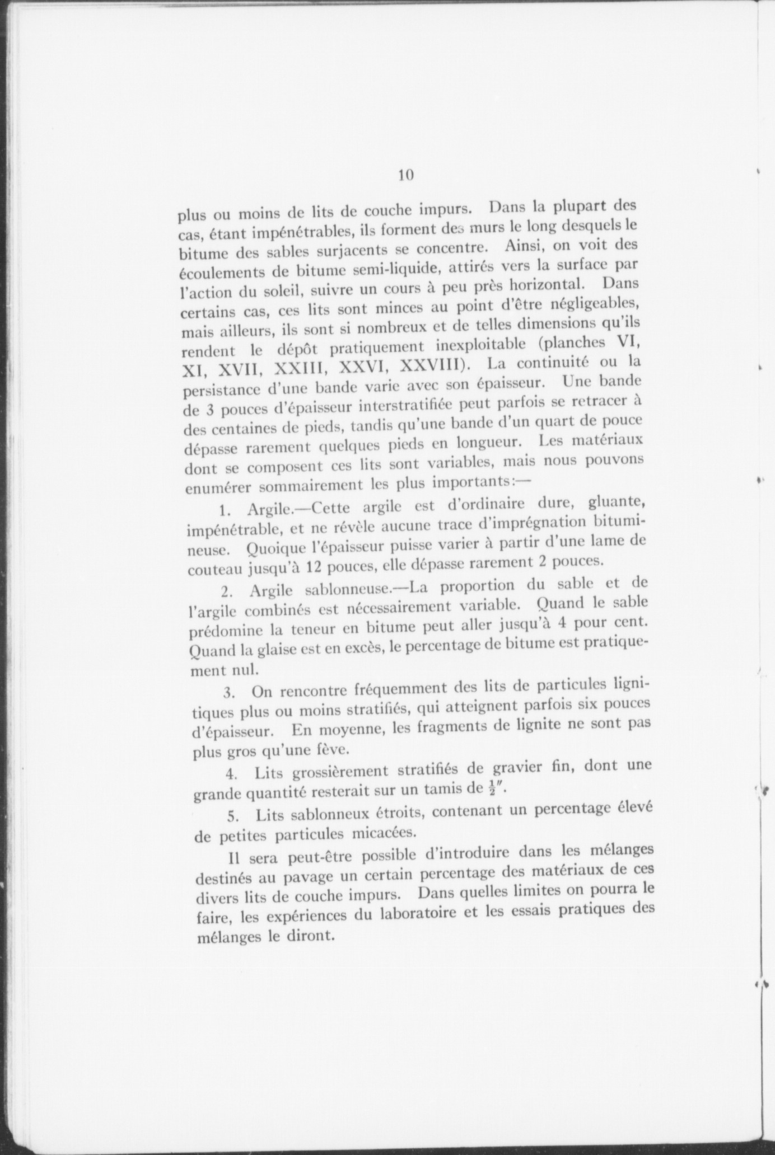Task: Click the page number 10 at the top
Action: point(406,175)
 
